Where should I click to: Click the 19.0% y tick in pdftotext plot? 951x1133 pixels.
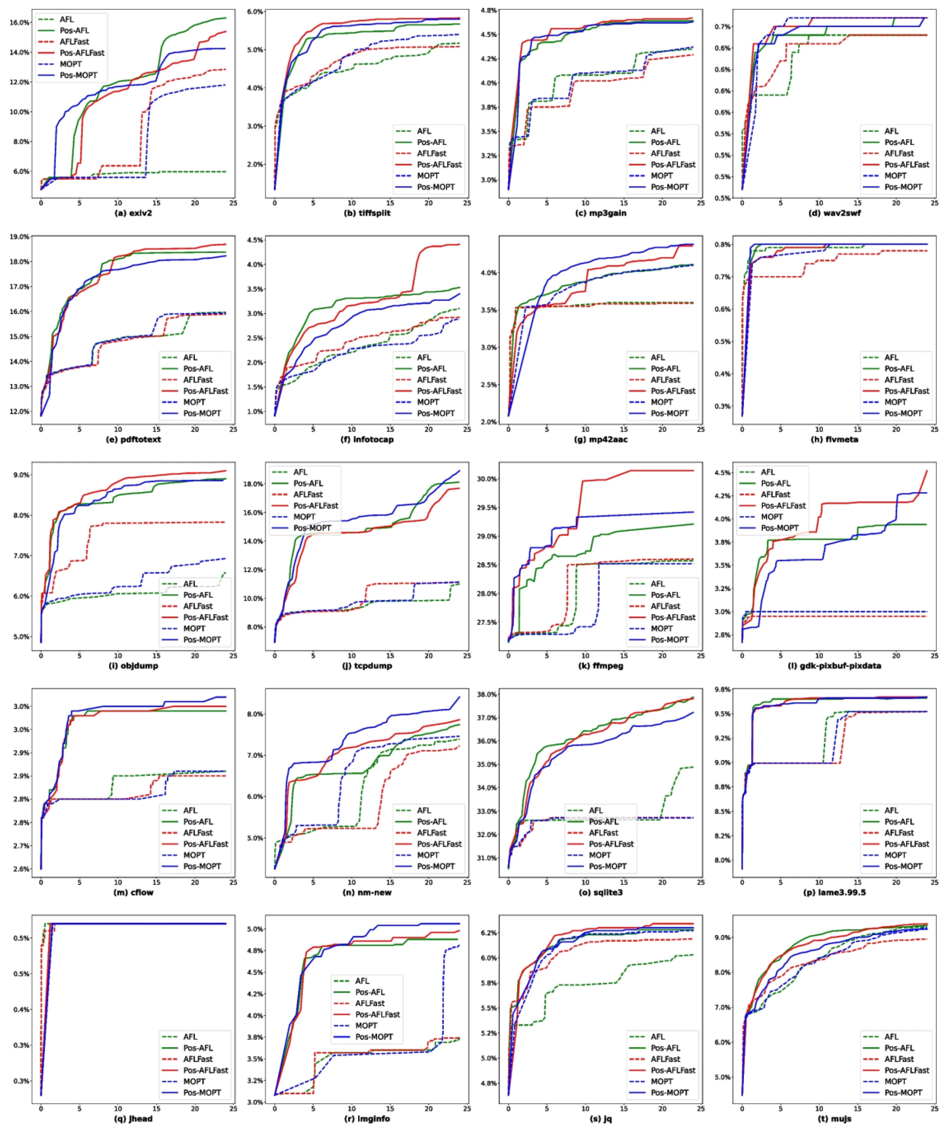(x=19, y=237)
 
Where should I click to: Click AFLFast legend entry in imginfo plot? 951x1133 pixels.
(x=370, y=1003)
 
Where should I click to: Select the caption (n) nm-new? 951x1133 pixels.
(x=367, y=892)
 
